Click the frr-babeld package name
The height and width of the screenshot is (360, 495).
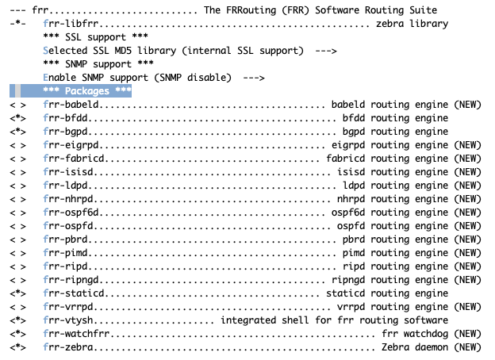point(71,105)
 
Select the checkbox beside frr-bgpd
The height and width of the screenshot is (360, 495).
point(17,132)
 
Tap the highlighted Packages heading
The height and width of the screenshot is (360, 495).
point(87,91)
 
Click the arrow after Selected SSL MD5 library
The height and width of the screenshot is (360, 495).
point(326,51)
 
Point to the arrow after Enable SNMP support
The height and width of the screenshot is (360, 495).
point(254,78)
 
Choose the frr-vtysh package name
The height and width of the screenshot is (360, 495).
point(68,320)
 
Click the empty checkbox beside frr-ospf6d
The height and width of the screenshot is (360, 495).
point(17,213)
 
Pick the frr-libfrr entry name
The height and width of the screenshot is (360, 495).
point(71,24)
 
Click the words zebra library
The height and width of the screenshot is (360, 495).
point(412,24)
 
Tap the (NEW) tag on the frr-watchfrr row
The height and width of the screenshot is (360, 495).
point(467,334)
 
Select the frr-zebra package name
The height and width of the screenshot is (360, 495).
point(68,347)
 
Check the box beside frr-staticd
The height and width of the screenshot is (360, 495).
point(17,293)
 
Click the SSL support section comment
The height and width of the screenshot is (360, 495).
point(96,37)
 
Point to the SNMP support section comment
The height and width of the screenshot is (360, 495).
point(98,64)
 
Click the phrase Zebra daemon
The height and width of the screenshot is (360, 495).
point(415,347)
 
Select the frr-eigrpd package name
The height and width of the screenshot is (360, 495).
point(71,145)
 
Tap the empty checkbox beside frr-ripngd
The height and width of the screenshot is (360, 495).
point(17,280)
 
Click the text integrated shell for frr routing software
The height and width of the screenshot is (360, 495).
point(334,320)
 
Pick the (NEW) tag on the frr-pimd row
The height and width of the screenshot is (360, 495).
point(467,253)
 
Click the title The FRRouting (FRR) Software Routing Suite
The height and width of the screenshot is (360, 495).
point(320,10)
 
